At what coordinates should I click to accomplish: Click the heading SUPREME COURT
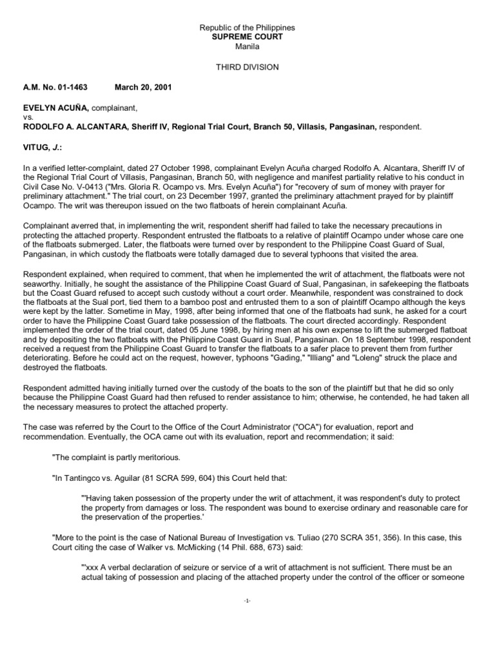[x=247, y=37]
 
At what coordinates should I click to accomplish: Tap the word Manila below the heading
[x=247, y=46]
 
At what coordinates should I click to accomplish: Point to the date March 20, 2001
[x=143, y=86]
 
